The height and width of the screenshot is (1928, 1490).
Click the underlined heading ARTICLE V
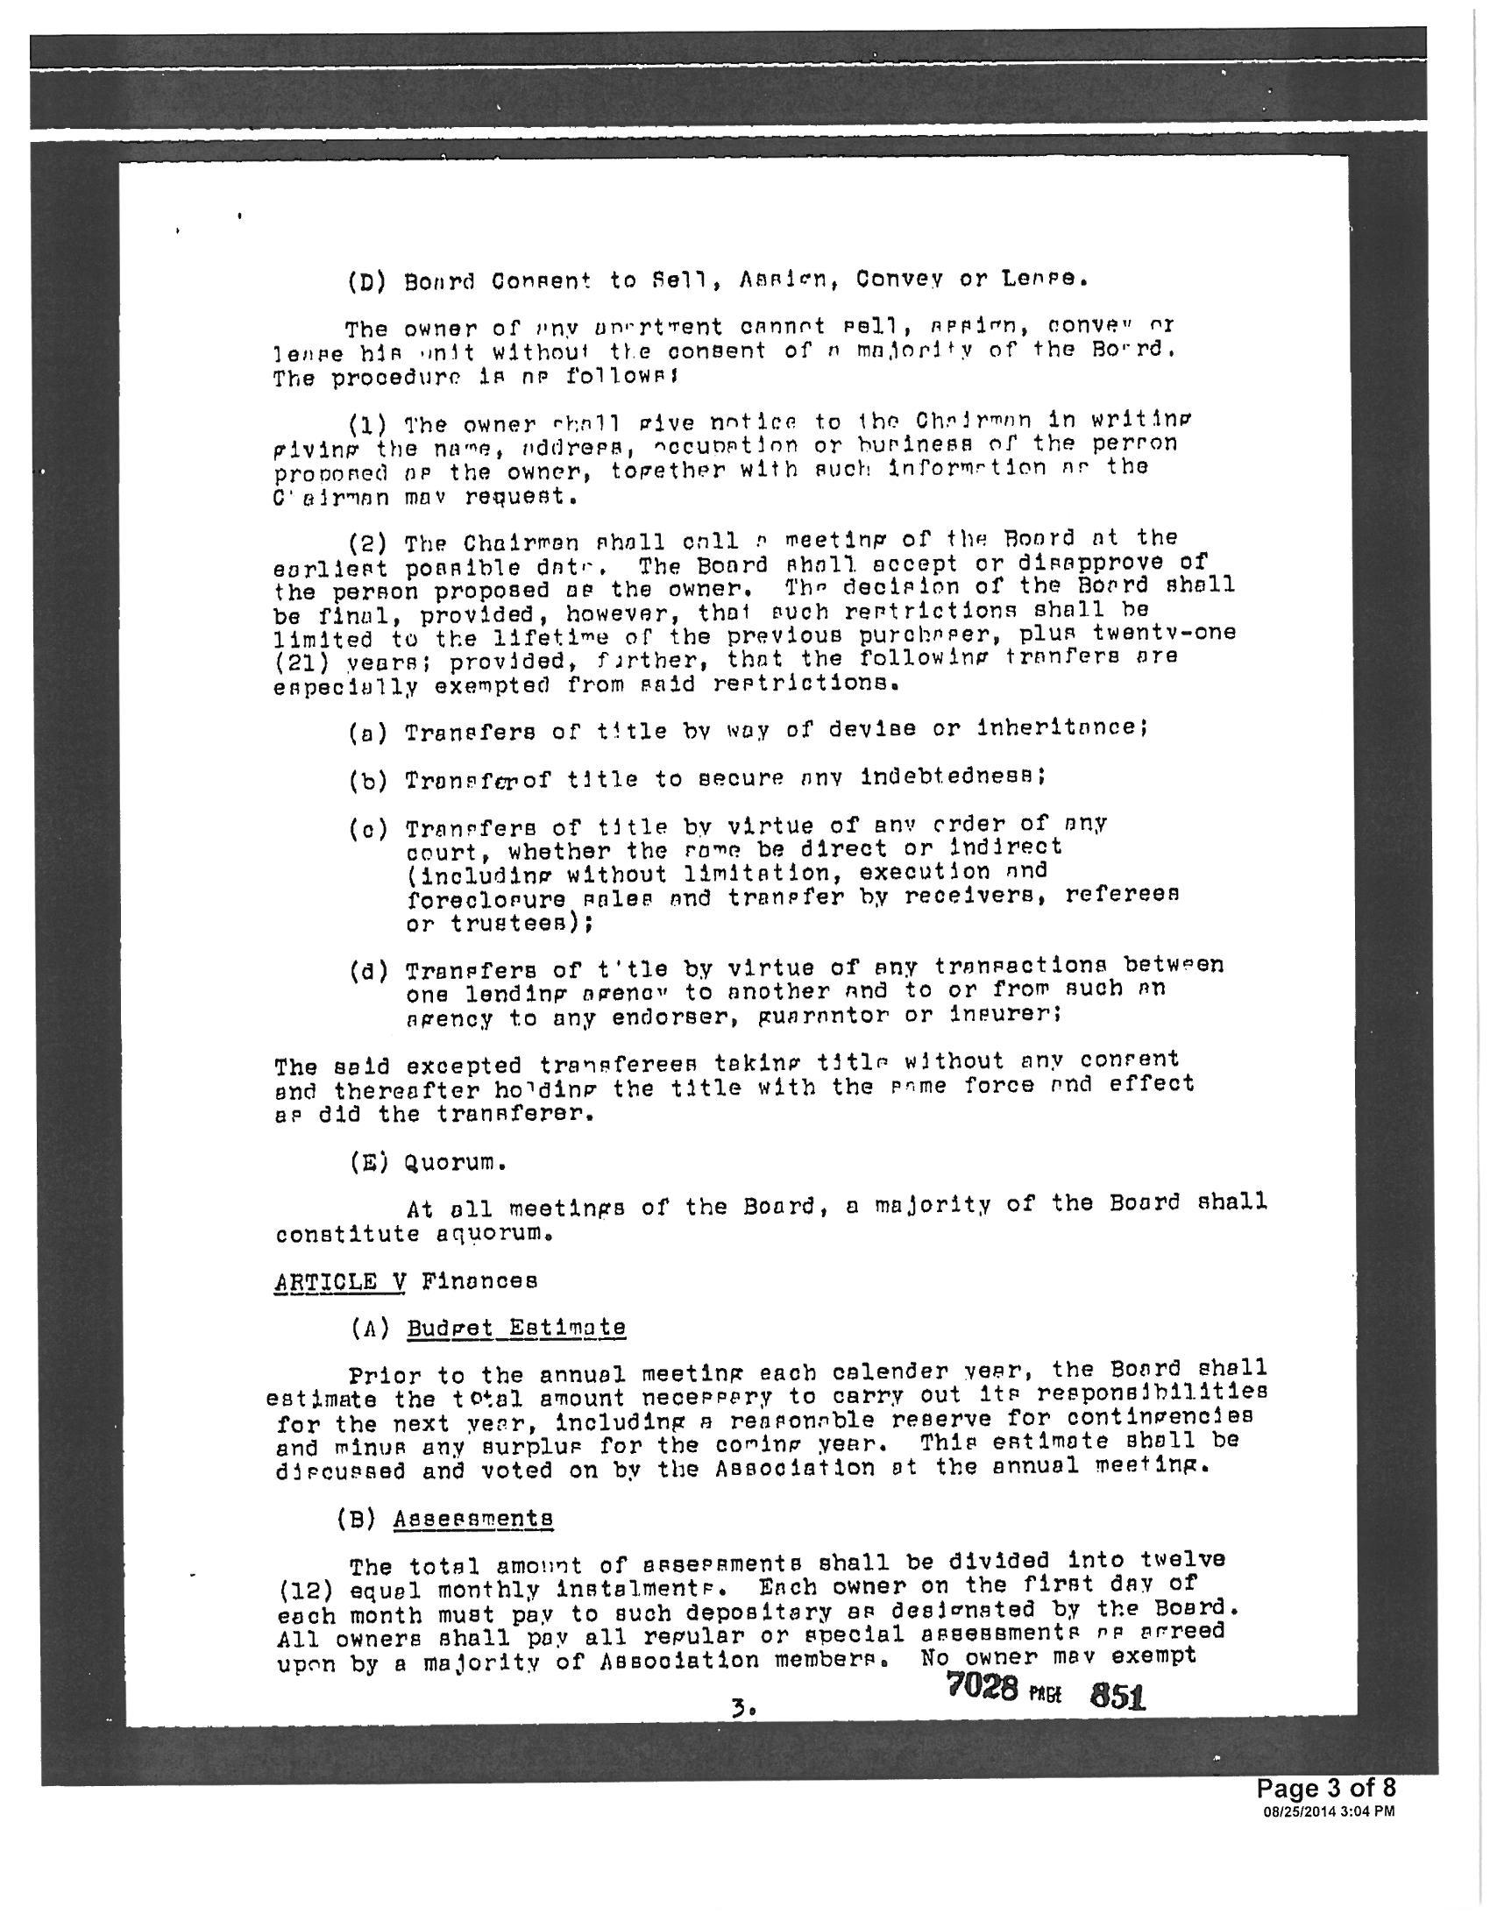340,1281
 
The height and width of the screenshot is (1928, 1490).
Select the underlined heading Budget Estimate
516,1328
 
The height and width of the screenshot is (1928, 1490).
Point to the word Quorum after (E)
455,1163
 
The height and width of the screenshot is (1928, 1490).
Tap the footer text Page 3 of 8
1326,1789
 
